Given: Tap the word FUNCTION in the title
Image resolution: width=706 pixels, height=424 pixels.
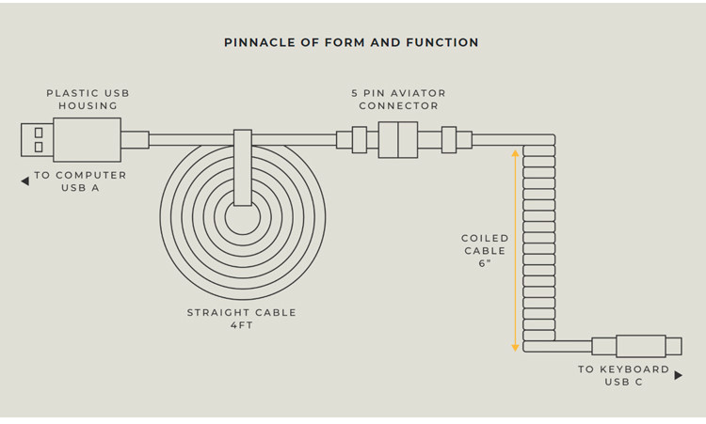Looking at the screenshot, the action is coord(442,42).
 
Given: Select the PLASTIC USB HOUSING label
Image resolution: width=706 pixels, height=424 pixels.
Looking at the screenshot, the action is coord(88,100).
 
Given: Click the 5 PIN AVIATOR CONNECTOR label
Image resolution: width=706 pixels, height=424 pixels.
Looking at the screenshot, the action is coord(398,100).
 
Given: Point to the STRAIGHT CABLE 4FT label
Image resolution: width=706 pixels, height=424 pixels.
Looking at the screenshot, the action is coord(242,319).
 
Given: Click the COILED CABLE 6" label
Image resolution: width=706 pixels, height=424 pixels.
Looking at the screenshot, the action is coord(485,250).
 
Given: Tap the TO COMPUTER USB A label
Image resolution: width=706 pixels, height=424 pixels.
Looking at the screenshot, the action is coord(80,181).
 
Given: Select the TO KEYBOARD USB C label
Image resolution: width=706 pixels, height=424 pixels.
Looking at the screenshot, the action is coord(623,375).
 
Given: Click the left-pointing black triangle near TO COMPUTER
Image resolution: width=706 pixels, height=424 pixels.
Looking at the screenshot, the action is coord(25,181).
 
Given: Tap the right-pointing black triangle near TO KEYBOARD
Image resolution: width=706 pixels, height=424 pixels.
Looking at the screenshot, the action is coord(679,375).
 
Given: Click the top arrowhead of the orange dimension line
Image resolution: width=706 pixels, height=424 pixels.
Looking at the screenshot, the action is coord(515,153).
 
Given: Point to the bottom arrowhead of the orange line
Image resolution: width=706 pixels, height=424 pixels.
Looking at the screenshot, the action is coord(515,348).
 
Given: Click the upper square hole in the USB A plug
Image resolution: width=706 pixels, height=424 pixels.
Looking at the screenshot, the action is coord(39,133).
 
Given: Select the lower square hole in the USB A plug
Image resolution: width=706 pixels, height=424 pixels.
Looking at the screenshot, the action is coord(39,147).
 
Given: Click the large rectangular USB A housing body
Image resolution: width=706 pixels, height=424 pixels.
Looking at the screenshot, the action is coord(87,140).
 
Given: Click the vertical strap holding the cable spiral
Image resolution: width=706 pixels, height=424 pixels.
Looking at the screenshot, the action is coord(243,167).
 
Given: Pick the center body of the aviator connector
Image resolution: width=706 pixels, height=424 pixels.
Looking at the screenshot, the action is coord(398,139).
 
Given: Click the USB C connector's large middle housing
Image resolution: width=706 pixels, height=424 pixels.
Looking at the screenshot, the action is coord(641,346).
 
